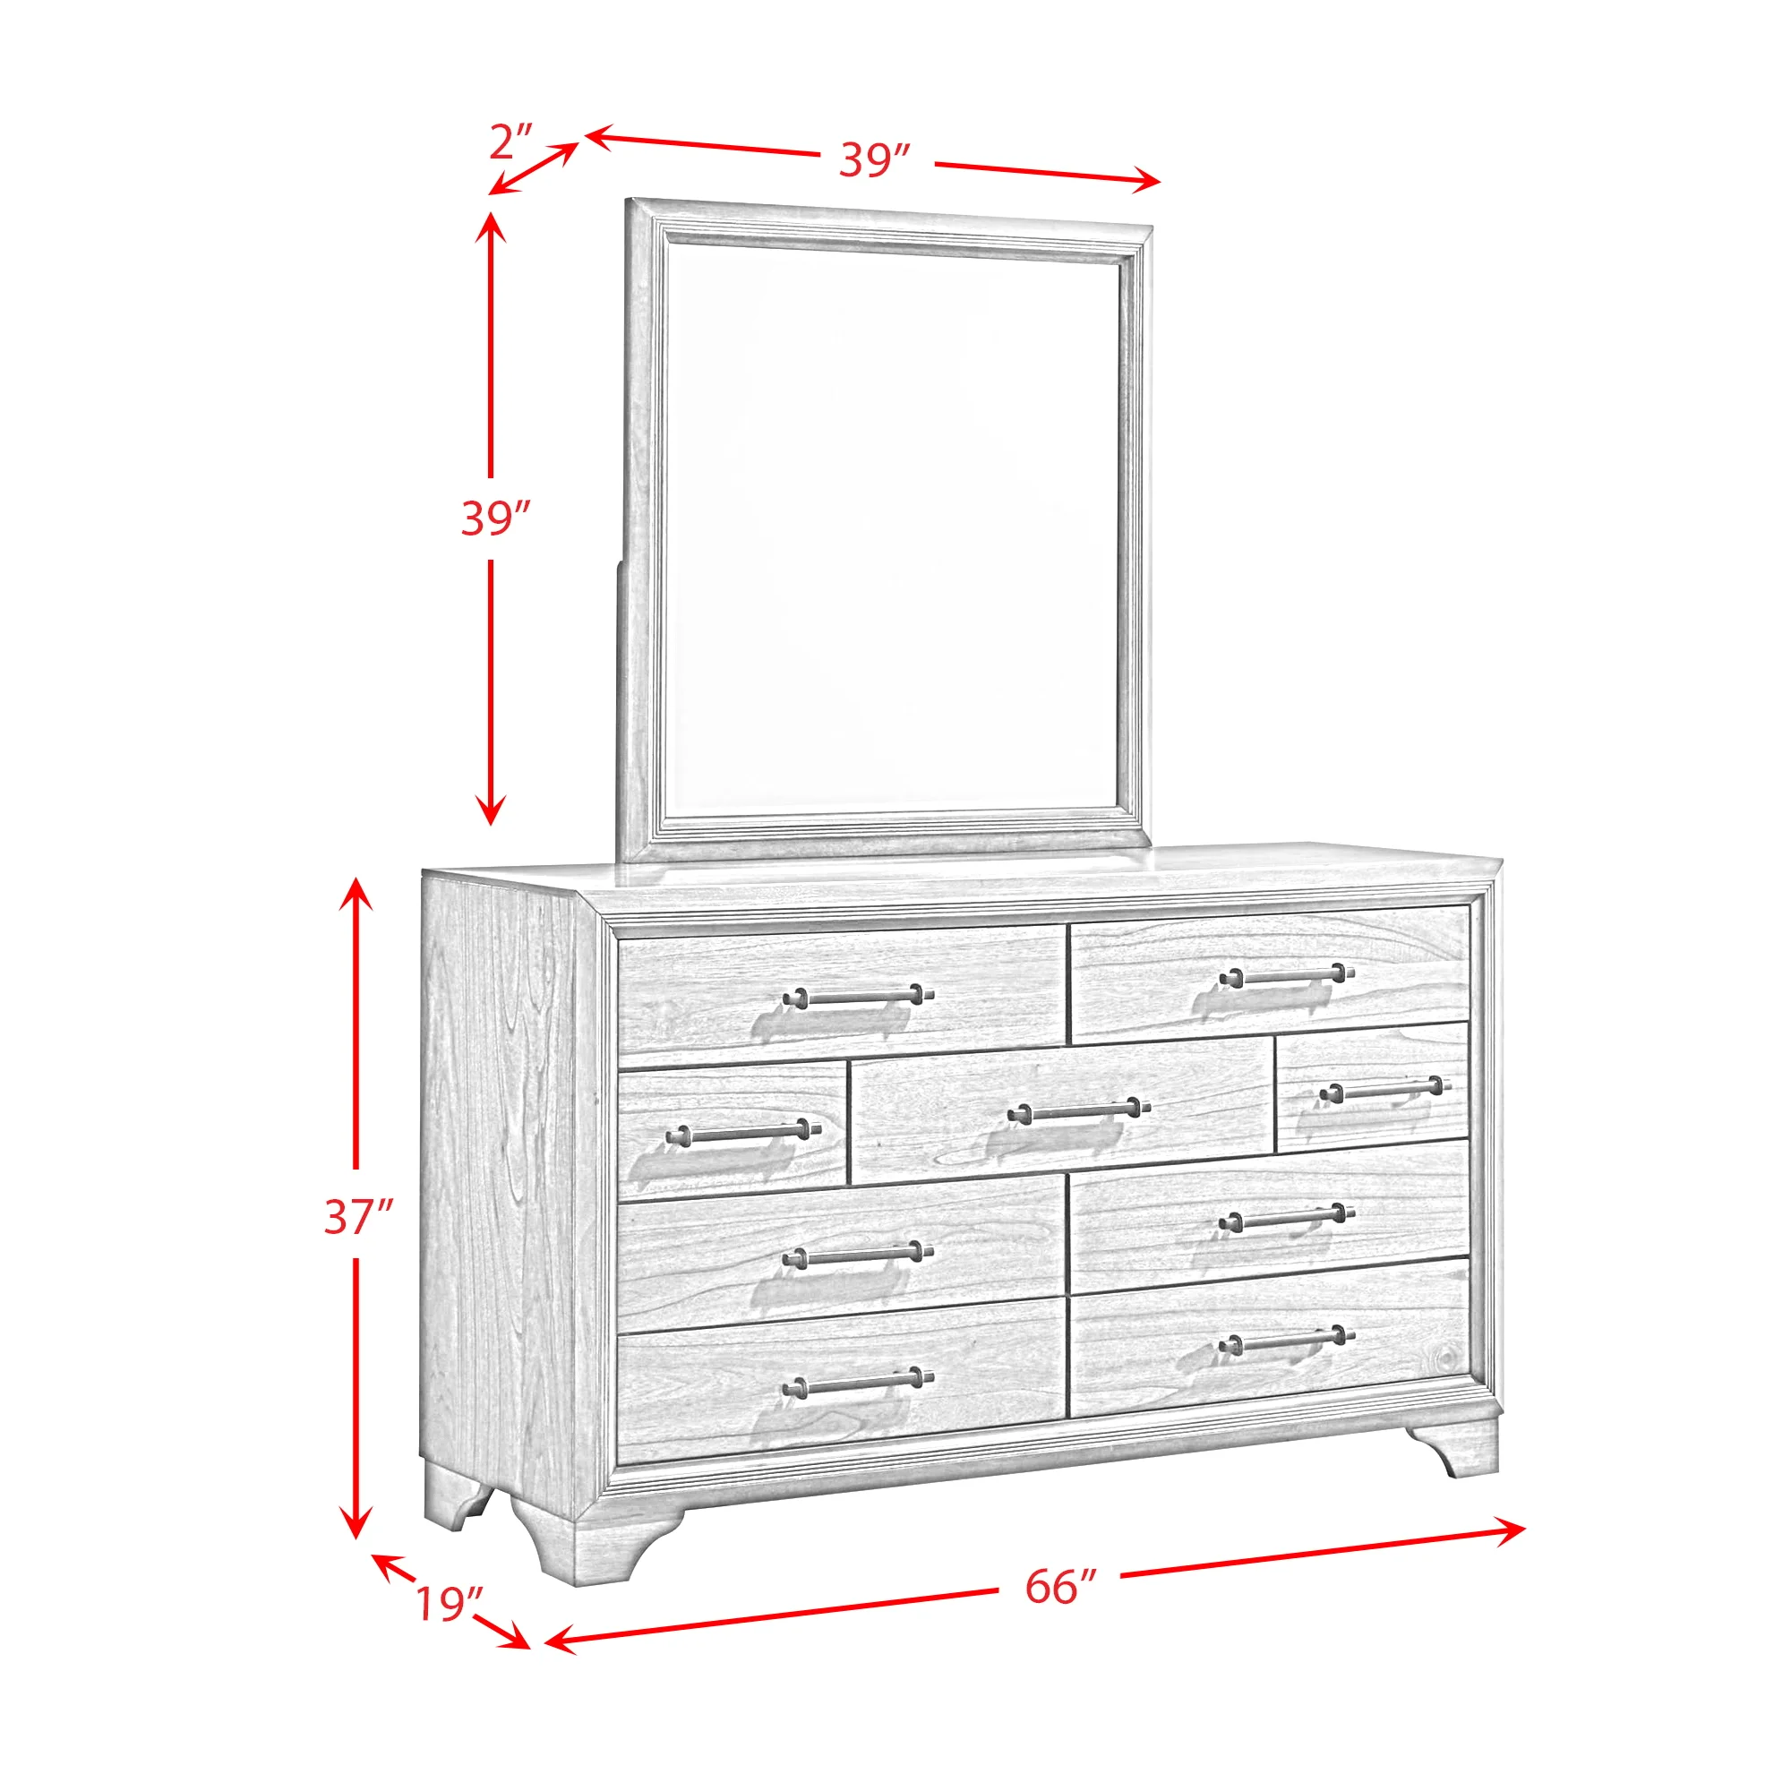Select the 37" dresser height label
point(359,1217)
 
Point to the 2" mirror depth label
point(511,141)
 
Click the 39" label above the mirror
point(875,159)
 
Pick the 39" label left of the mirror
point(496,518)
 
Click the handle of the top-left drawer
point(858,997)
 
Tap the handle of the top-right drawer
point(1287,975)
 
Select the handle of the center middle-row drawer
point(1078,1110)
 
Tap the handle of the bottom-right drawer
point(1287,1341)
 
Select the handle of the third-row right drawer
point(1287,1221)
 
